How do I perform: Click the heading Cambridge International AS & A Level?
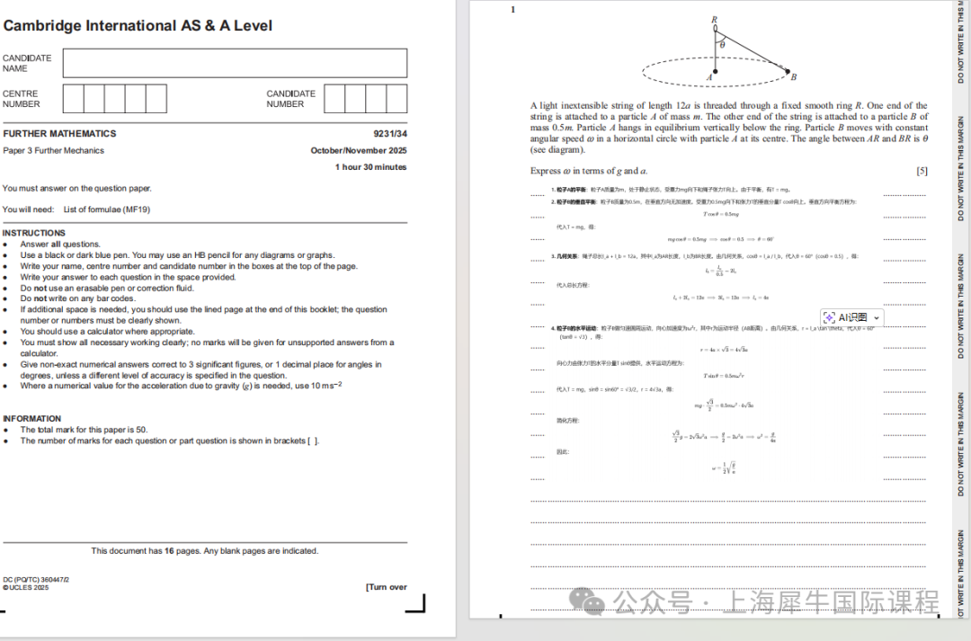pyautogui.click(x=138, y=26)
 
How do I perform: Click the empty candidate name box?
pyautogui.click(x=235, y=63)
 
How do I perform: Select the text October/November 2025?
pyautogui.click(x=359, y=151)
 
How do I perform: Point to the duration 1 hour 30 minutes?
pyautogui.click(x=370, y=167)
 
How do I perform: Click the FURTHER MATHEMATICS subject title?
pyautogui.click(x=59, y=134)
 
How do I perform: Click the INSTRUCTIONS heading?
pyautogui.click(x=33, y=233)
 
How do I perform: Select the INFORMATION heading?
pyautogui.click(x=32, y=419)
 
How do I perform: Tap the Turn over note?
pyautogui.click(x=386, y=587)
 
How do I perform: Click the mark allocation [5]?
pyautogui.click(x=922, y=171)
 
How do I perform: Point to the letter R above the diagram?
pyautogui.click(x=715, y=19)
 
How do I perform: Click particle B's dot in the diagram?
pyautogui.click(x=788, y=72)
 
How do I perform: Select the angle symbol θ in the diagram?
pyautogui.click(x=722, y=43)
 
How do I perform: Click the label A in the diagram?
pyautogui.click(x=709, y=78)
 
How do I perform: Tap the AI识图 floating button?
pyautogui.click(x=851, y=317)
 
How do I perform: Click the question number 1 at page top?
pyautogui.click(x=513, y=10)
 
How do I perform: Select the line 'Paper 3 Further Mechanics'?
pyautogui.click(x=54, y=151)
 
